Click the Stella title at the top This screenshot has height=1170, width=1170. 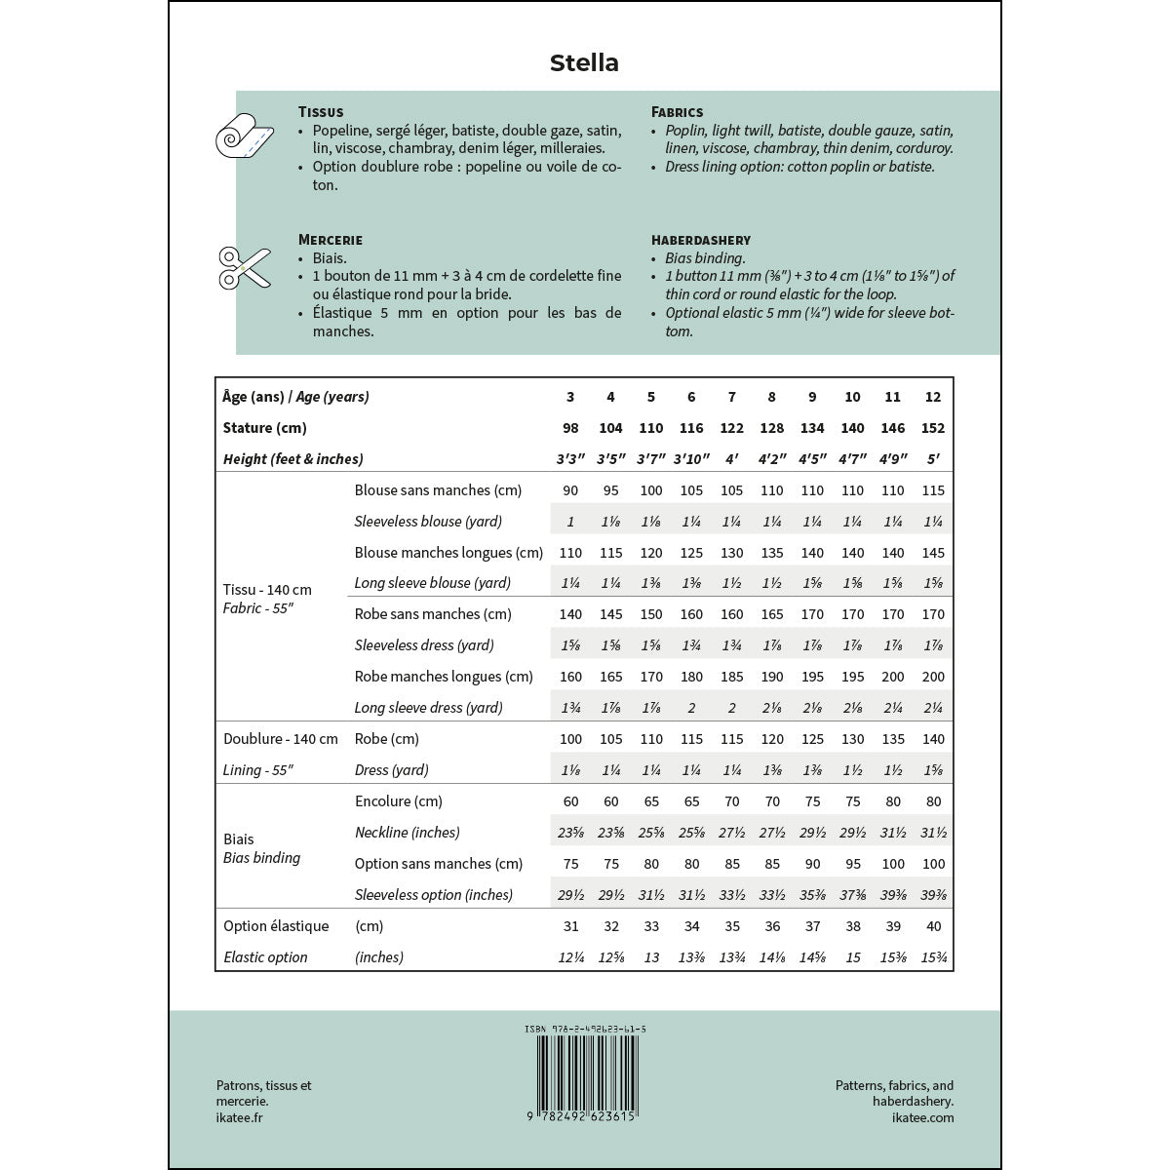(584, 63)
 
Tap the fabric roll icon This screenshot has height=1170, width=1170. (242, 135)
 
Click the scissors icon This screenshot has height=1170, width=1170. (244, 267)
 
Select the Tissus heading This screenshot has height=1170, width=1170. (321, 112)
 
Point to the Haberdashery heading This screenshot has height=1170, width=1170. (701, 240)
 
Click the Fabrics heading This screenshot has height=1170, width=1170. (677, 112)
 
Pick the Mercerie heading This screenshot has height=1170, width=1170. (331, 240)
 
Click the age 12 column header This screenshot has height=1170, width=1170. (933, 397)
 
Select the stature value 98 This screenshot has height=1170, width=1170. (570, 428)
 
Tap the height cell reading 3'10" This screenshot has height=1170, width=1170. (691, 459)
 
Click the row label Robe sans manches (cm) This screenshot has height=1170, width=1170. (433, 614)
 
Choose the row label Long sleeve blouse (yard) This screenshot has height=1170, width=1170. (433, 583)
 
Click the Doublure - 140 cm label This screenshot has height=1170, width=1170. (281, 739)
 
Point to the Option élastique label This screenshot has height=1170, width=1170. (276, 926)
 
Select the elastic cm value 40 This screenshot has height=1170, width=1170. (933, 926)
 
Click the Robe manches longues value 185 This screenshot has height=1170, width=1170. (731, 677)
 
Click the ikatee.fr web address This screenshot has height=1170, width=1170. (239, 1117)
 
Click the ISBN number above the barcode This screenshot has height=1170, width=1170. (585, 1029)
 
